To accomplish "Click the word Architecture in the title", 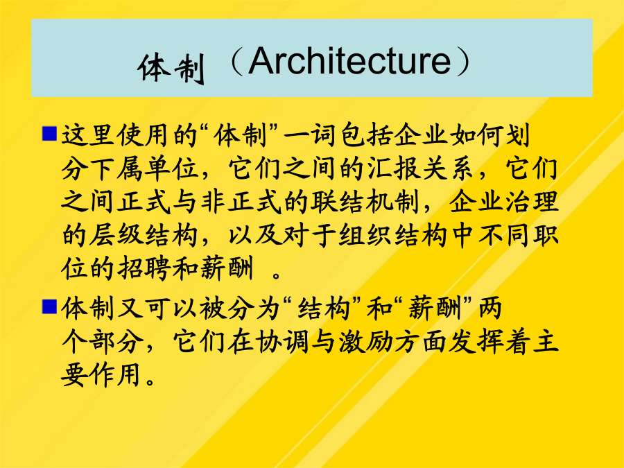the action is coord(349,61).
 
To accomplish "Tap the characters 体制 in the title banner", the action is coord(171,68).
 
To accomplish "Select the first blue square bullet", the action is coord(49,134).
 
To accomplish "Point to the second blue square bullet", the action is coord(49,307).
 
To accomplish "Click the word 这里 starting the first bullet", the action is coord(87,135).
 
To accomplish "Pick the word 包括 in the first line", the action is coord(367,135).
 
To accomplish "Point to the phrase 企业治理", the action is coord(504,202).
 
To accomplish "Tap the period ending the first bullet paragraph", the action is coord(277,275).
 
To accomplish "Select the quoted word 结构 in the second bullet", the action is coord(324,309).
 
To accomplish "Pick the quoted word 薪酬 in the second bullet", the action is coord(435,309).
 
